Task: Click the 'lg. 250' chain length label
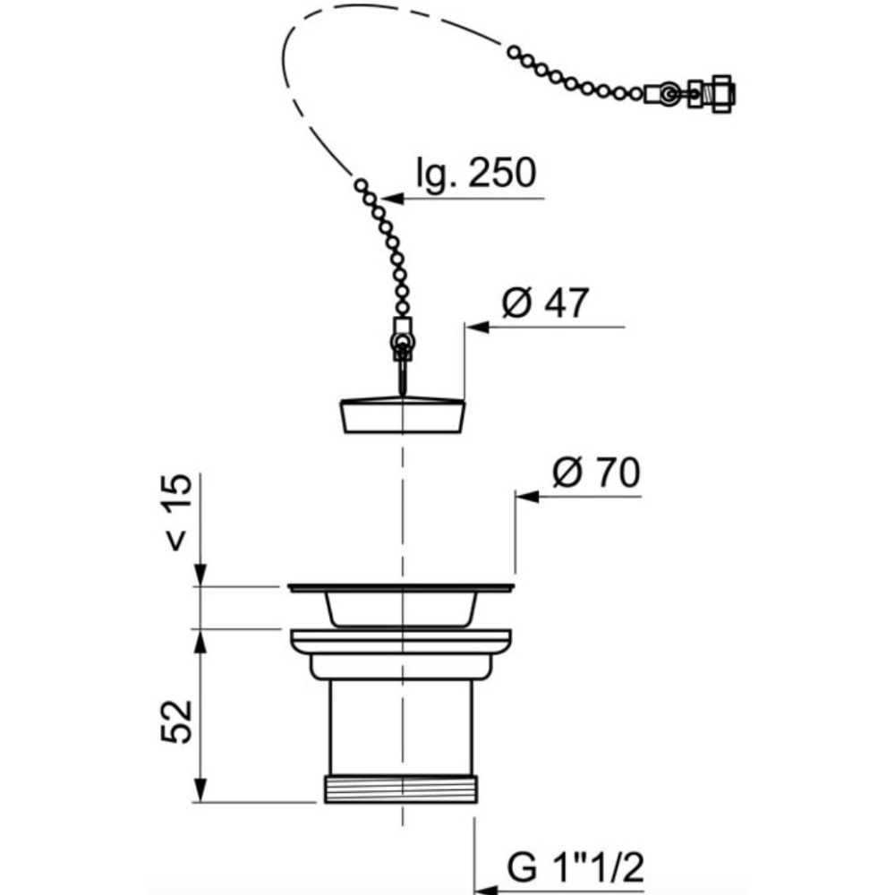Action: (476, 173)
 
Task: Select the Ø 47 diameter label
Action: (545, 303)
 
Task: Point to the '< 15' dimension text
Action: (178, 512)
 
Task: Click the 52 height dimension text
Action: (176, 721)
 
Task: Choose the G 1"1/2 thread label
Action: (575, 868)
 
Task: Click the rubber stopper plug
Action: (403, 415)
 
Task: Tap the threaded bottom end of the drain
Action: (401, 788)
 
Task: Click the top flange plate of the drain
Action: (401, 587)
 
